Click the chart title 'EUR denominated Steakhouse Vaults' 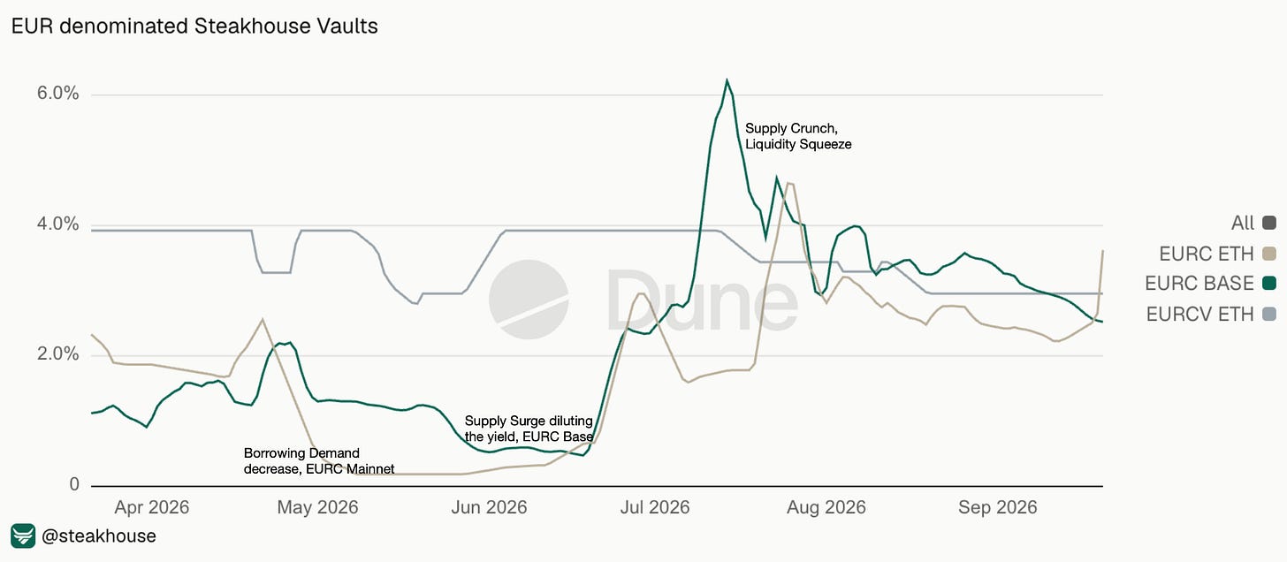[x=194, y=27]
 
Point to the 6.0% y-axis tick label [x=58, y=93]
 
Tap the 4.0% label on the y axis [x=58, y=224]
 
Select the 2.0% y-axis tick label [x=58, y=353]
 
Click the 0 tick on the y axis [x=74, y=484]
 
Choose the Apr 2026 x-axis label [x=152, y=507]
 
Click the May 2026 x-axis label [x=317, y=507]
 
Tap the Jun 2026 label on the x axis [x=489, y=507]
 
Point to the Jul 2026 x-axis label [x=655, y=507]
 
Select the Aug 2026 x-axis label [x=826, y=507]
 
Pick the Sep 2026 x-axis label [x=998, y=507]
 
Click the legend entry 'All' [x=1253, y=223]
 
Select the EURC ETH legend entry [x=1217, y=254]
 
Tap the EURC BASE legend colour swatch [x=1269, y=284]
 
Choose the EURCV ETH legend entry [x=1211, y=315]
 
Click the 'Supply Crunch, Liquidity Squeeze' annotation [x=798, y=136]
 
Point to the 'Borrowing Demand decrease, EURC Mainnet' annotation [x=319, y=461]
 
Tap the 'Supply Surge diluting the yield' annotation [x=529, y=429]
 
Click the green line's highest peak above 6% [x=727, y=80]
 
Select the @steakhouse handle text [x=99, y=536]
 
